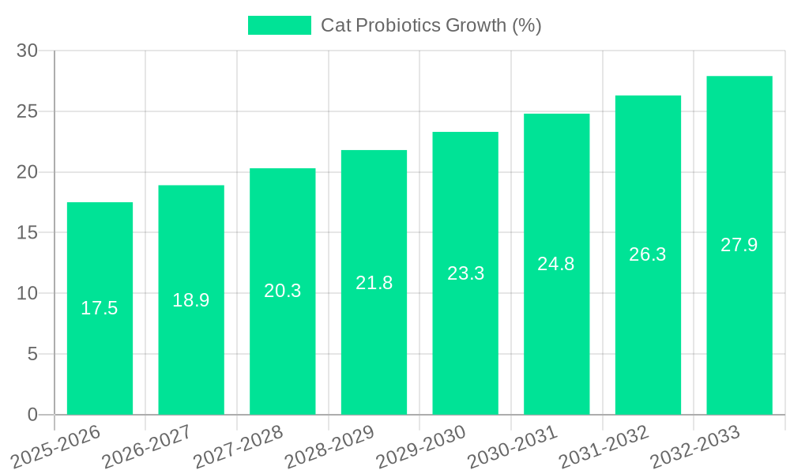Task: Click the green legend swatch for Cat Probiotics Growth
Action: (x=280, y=25)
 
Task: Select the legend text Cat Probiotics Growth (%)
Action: (x=431, y=25)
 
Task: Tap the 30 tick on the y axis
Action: (x=28, y=51)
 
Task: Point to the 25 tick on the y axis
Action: (x=28, y=111)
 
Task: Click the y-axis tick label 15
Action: (x=28, y=233)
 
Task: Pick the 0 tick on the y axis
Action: (x=32, y=415)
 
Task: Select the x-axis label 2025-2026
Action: (x=58, y=445)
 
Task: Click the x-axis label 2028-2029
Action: (x=331, y=445)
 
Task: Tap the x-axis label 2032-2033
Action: (x=696, y=445)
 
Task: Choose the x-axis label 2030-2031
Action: (x=513, y=445)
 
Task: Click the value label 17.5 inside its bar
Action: (x=100, y=308)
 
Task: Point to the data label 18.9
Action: (x=191, y=300)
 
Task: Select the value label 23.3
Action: (x=465, y=273)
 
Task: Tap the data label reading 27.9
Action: (x=739, y=245)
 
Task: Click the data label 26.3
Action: (x=648, y=254)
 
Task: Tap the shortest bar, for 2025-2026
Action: (x=100, y=355)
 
